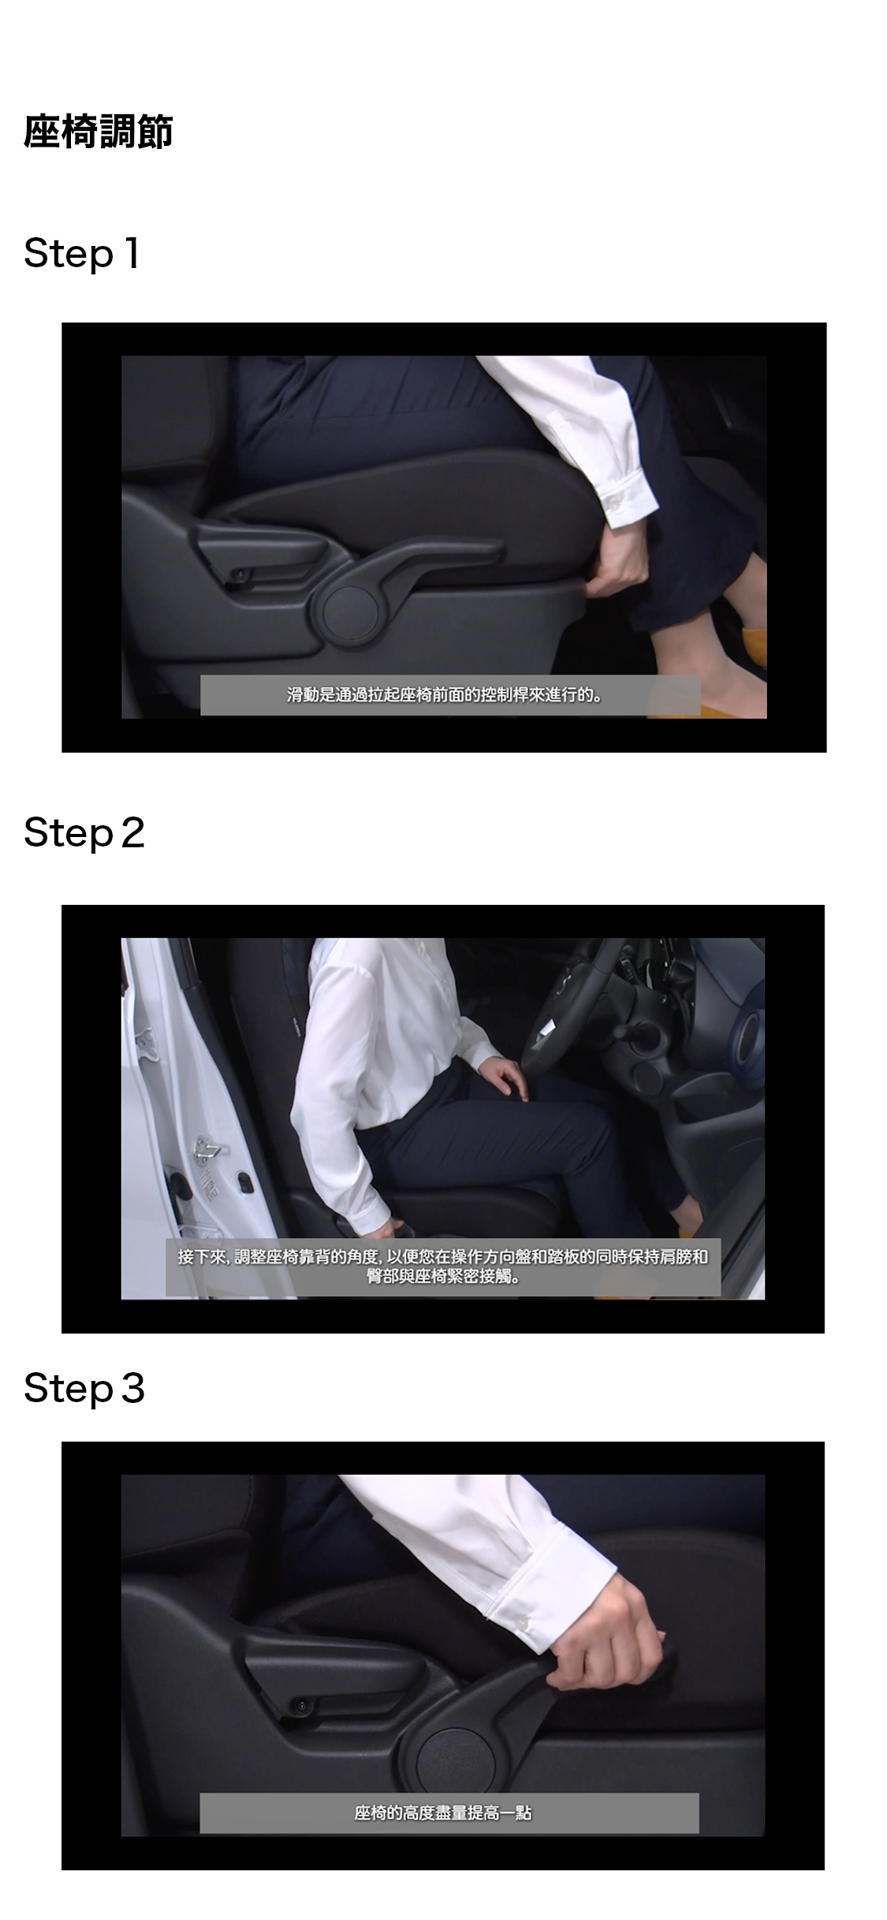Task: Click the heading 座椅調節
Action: pyautogui.click(x=98, y=132)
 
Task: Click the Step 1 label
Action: pyautogui.click(x=82, y=254)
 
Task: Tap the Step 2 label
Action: pyautogui.click(x=84, y=834)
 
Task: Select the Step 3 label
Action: pyautogui.click(x=84, y=1388)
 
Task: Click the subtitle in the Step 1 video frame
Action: pyautogui.click(x=444, y=695)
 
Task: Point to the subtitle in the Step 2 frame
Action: pyautogui.click(x=443, y=1266)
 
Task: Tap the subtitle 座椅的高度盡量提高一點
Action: pyautogui.click(x=443, y=1813)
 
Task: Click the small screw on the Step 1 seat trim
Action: pyautogui.click(x=240, y=574)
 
